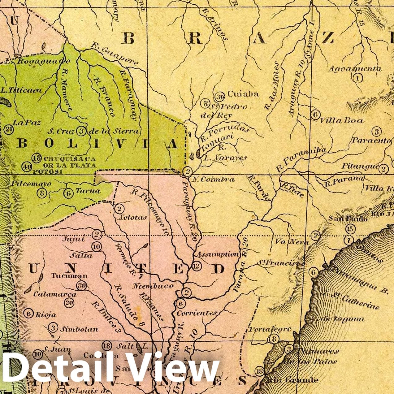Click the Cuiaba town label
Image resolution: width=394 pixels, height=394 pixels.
243,94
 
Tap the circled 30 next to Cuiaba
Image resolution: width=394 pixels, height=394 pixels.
220,96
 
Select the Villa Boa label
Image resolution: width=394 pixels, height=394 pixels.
342,120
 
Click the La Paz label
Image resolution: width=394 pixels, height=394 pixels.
27,123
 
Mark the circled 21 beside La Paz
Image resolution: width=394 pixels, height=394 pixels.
9,129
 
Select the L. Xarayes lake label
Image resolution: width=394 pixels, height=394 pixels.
225,158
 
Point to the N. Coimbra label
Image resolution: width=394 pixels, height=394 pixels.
213,179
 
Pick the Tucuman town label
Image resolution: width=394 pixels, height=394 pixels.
69,276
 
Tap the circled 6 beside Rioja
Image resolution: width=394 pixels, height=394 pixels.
28,314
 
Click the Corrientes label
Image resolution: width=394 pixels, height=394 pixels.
197,313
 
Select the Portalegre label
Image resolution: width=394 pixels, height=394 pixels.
270,329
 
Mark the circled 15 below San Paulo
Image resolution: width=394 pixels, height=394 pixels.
350,229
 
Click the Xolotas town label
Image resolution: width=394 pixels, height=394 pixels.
132,217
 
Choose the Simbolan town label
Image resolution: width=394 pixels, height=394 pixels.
79,329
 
